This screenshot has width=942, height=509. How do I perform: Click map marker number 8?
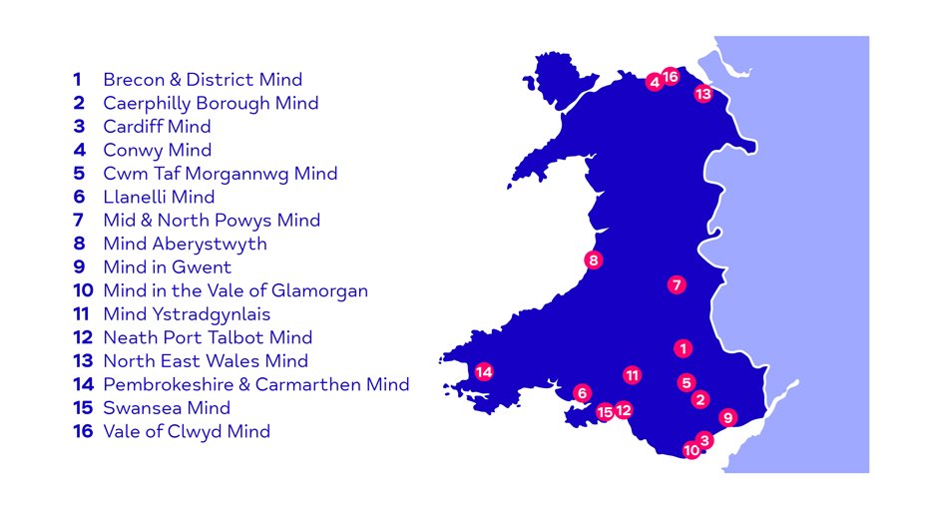tap(593, 260)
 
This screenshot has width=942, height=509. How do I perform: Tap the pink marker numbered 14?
tap(484, 372)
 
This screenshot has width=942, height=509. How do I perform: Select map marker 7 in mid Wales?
tap(677, 284)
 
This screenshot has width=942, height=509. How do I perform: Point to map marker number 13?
tap(703, 94)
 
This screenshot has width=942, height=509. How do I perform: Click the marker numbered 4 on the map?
tap(655, 82)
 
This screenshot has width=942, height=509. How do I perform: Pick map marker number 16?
tap(671, 77)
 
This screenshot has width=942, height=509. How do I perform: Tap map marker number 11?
tap(632, 375)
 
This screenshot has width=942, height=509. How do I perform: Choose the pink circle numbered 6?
tap(582, 393)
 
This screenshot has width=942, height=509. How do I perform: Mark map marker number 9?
tap(727, 417)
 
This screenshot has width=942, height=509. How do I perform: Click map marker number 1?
tap(683, 348)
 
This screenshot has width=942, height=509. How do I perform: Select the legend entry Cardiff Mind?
tap(157, 127)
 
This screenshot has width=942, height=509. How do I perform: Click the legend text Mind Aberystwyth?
tap(185, 244)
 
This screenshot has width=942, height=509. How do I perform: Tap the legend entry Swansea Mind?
tap(166, 408)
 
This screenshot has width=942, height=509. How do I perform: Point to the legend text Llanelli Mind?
tap(158, 197)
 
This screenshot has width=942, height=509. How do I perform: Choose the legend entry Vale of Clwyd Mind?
tap(186, 431)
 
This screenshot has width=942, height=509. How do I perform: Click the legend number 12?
tap(82, 337)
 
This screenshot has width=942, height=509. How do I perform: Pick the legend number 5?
tap(78, 174)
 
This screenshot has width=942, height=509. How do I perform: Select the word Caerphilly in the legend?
tap(150, 103)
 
